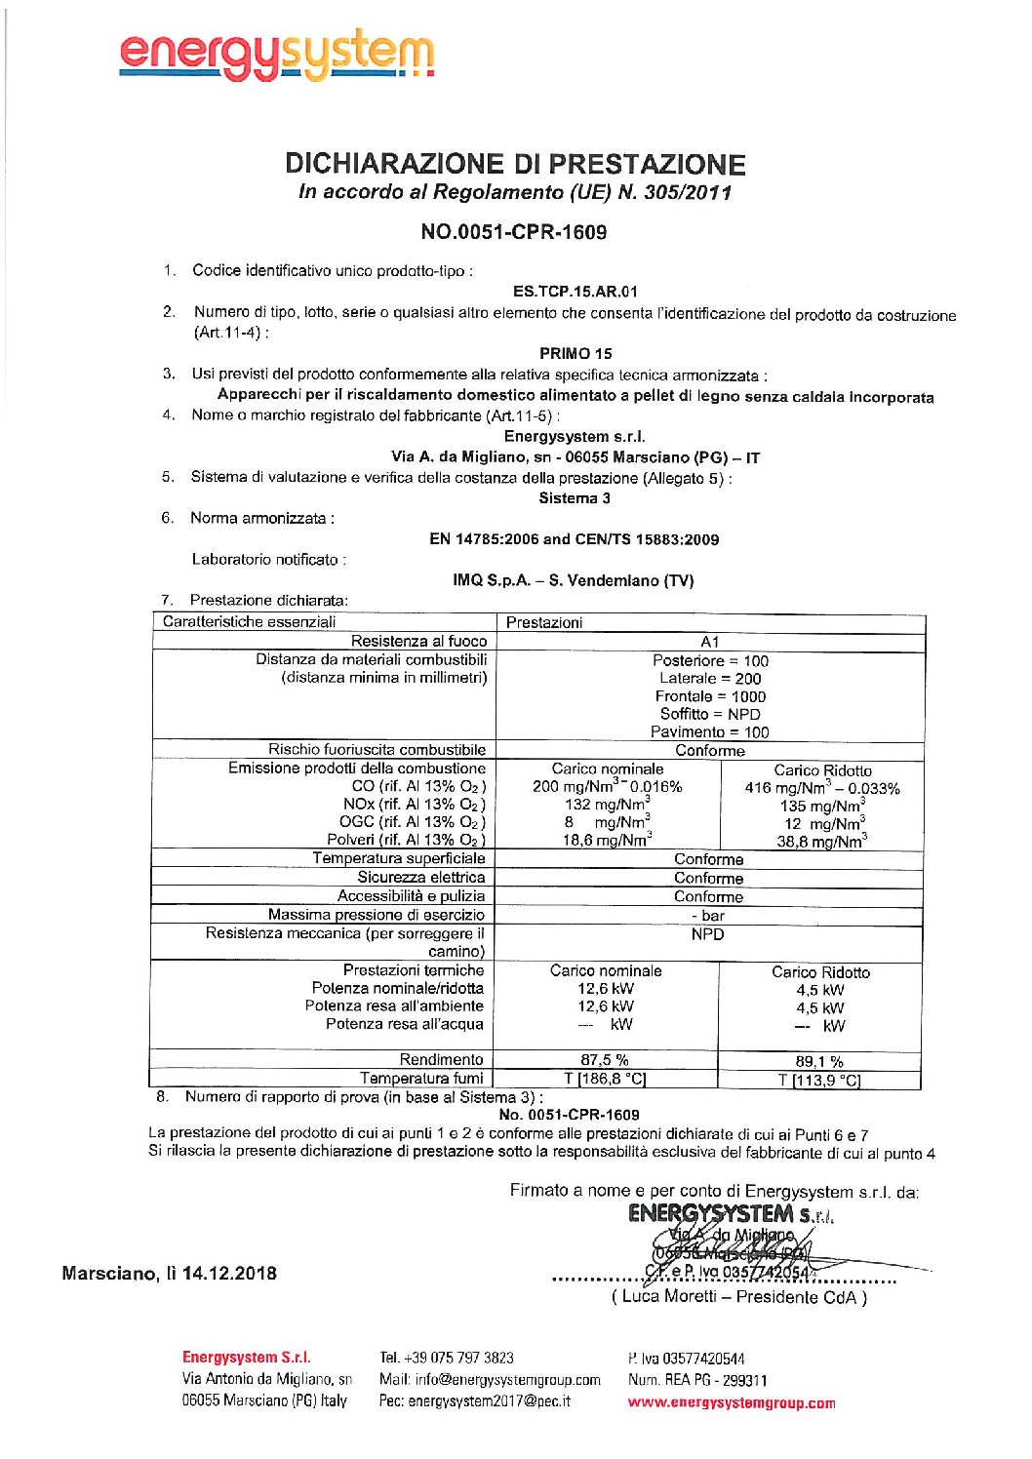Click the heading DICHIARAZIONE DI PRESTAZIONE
[515, 164]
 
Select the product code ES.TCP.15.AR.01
[575, 292]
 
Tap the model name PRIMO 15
[576, 354]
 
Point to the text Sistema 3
[575, 498]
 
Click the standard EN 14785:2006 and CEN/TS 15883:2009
[574, 539]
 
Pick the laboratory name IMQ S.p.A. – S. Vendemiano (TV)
[573, 580]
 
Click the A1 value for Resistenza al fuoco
[709, 642]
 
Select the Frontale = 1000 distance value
[710, 696]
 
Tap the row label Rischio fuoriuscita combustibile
[377, 750]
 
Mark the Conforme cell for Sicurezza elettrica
[708, 878]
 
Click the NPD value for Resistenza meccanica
[707, 934]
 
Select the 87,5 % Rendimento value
[605, 1060]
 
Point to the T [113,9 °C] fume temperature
[819, 1080]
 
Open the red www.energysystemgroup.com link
[732, 1403]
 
